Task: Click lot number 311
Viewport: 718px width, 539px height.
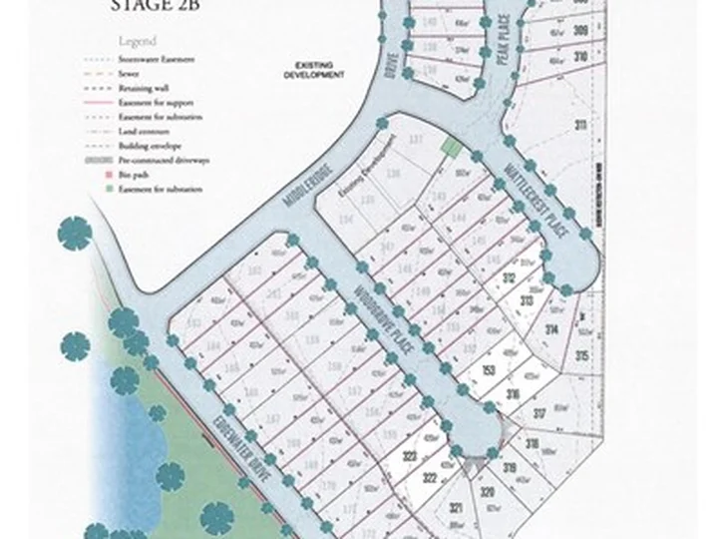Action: coord(579,125)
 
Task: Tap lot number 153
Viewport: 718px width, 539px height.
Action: coord(489,370)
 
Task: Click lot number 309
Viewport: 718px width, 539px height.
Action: coord(579,31)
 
